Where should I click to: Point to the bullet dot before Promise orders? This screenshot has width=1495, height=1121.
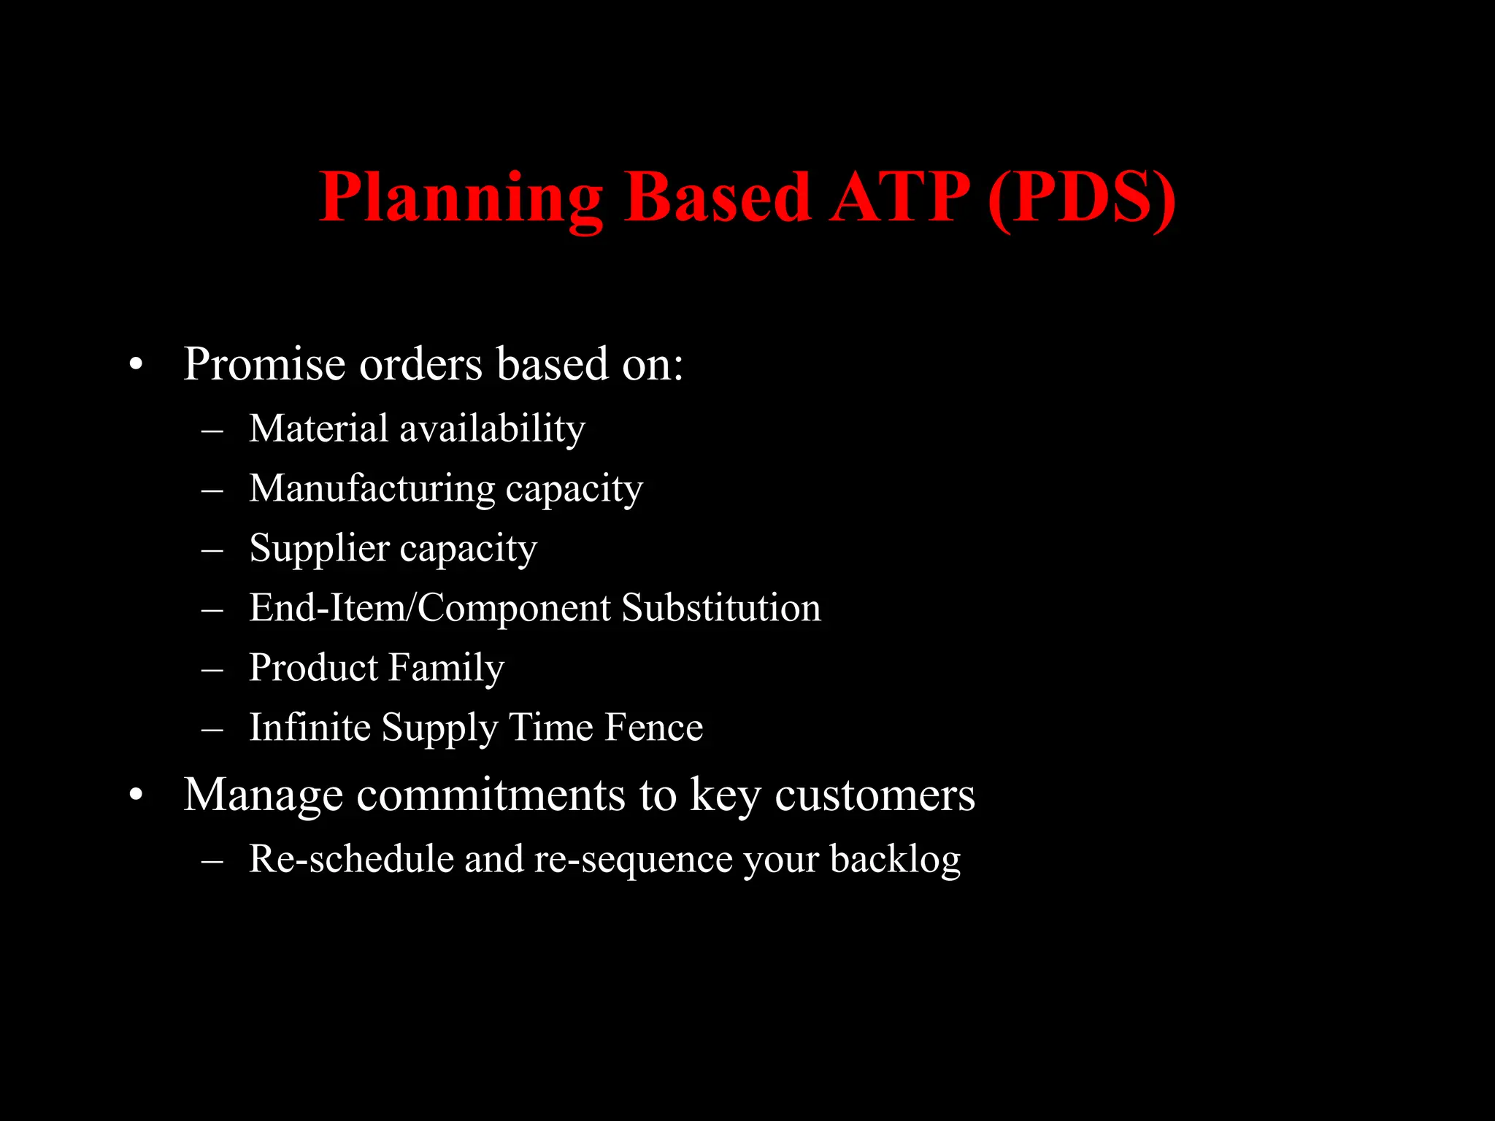[x=136, y=366]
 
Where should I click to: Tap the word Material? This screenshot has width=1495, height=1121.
[x=318, y=428]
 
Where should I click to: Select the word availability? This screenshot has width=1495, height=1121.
[x=492, y=430]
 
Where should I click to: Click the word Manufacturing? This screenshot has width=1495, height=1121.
[x=372, y=490]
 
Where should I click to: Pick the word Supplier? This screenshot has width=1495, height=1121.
[x=319, y=550]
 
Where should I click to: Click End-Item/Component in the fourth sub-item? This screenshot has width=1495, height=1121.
[x=430, y=608]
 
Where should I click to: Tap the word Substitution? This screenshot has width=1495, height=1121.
[x=721, y=608]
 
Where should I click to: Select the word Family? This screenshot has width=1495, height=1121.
[x=446, y=669]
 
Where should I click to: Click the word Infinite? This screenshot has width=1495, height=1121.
[x=310, y=728]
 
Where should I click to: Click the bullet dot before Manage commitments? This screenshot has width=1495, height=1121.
[x=136, y=796]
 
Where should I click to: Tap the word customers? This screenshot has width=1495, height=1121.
[x=875, y=795]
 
